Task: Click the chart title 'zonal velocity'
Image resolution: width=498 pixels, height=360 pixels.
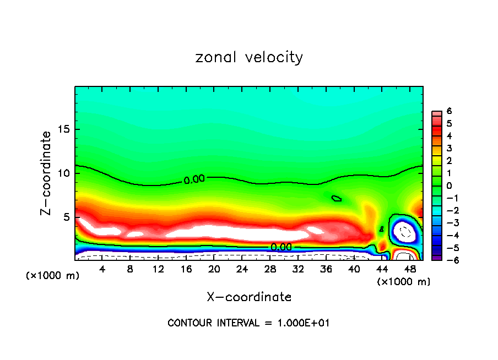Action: (249, 57)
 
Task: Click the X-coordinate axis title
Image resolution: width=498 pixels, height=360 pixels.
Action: (249, 297)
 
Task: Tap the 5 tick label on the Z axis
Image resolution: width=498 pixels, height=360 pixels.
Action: (66, 217)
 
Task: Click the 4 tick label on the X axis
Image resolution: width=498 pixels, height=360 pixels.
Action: (102, 270)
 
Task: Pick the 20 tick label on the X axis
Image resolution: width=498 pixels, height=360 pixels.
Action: (214, 270)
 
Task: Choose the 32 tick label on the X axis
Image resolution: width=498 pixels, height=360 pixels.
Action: (298, 270)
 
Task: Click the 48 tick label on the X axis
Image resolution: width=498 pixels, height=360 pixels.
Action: (410, 270)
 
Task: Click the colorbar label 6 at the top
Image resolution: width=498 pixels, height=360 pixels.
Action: (449, 111)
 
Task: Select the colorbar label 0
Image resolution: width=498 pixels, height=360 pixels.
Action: (449, 186)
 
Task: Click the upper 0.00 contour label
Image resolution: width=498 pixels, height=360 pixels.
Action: (194, 179)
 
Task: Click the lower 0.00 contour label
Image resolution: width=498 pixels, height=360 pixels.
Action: (281, 247)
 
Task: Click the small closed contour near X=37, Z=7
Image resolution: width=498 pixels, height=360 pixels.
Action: (336, 198)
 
